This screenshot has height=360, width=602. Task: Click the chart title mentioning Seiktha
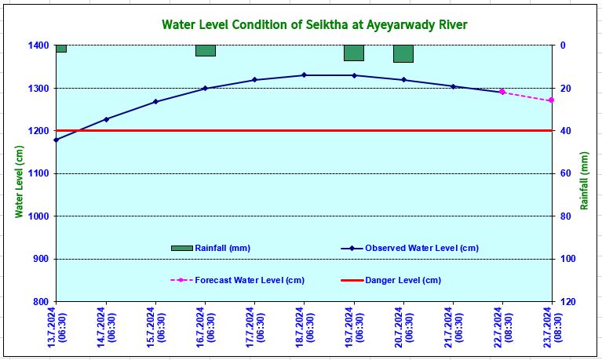[314, 24]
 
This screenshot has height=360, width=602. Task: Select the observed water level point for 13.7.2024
[56, 140]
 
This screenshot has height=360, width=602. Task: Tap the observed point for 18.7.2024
[305, 75]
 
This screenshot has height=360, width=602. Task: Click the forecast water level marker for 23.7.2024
[551, 100]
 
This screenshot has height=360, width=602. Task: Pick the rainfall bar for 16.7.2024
[205, 50]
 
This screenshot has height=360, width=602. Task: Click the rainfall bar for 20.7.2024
[403, 53]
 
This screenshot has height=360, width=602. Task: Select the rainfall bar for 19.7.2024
[354, 53]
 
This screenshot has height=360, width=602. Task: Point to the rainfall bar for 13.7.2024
[60, 49]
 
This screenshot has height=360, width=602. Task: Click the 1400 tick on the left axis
[36, 45]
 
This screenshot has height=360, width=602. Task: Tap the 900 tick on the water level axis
[39, 259]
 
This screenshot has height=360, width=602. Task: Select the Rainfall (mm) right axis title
[585, 181]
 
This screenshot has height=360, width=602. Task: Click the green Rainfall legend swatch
[181, 248]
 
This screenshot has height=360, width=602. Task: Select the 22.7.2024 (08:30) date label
[503, 324]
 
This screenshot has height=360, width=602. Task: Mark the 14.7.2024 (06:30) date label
[107, 324]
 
